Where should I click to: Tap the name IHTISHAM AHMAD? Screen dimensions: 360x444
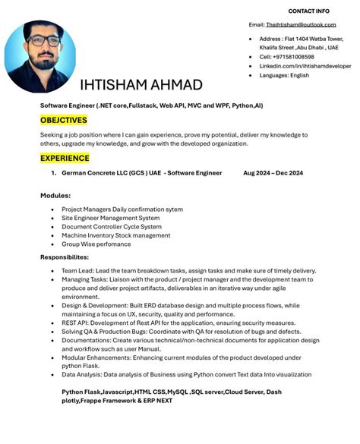click(141, 84)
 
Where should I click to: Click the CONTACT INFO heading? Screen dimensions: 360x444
click(308, 11)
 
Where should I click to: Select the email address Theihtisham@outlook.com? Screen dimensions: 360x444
click(300, 24)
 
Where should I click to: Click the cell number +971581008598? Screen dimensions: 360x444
click(286, 56)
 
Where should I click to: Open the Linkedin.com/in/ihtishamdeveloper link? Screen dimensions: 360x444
click(305, 66)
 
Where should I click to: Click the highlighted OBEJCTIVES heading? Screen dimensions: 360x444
click(64, 120)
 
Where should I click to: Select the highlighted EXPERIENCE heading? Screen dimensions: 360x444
click(65, 158)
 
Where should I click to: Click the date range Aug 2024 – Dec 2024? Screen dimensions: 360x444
click(273, 173)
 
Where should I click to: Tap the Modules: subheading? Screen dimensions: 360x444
click(55, 196)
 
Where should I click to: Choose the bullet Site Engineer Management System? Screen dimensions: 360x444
click(111, 218)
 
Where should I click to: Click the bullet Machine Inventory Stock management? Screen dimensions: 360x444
click(116, 235)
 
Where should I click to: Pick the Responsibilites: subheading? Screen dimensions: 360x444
click(74, 257)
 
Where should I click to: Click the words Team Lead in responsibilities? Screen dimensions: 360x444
click(77, 271)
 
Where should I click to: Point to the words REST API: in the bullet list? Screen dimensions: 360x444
click(77, 323)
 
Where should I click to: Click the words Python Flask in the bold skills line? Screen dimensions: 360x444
click(81, 391)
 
